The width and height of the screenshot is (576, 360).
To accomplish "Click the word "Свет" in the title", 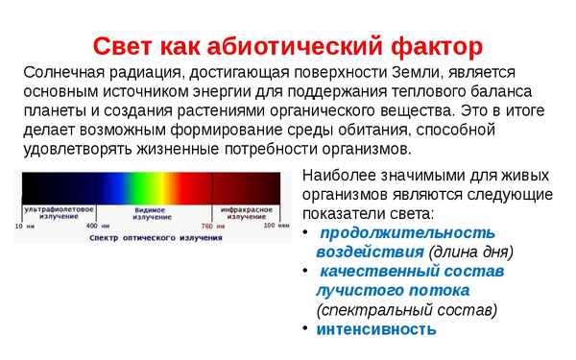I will [126, 45].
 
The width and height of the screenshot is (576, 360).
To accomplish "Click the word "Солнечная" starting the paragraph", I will [65, 73].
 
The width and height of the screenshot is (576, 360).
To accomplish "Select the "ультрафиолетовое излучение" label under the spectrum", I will [60, 211].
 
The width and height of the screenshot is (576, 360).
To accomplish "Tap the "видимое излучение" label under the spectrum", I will [150, 211].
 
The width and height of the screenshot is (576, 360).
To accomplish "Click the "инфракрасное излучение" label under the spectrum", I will [241, 211].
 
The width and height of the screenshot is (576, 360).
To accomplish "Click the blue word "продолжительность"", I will [407, 233].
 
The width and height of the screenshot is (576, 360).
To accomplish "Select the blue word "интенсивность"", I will [376, 329].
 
